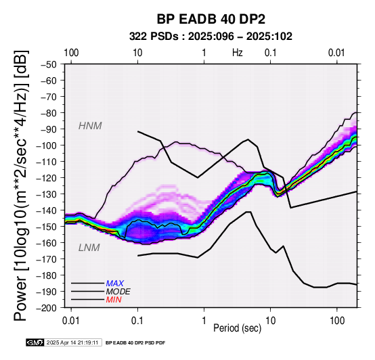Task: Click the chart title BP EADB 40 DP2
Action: (211, 19)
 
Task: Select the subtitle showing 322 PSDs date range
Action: (211, 37)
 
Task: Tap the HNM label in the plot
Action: (90, 126)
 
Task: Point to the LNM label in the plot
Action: (89, 248)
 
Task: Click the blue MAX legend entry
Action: (115, 284)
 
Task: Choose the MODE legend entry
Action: (118, 292)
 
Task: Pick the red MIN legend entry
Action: (114, 300)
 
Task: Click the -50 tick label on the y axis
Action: (49, 64)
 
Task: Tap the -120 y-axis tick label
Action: (47, 178)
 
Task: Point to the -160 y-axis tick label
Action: (47, 243)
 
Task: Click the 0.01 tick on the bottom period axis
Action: (71, 321)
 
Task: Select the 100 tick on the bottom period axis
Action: (336, 321)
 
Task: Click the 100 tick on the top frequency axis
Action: (71, 53)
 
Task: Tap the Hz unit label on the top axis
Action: (238, 53)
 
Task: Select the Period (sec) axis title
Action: (237, 328)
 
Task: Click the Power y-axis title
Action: (21, 185)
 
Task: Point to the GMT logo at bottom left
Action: (35, 342)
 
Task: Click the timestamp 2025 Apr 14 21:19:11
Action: (72, 342)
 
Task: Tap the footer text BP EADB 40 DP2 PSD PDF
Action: (135, 343)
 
